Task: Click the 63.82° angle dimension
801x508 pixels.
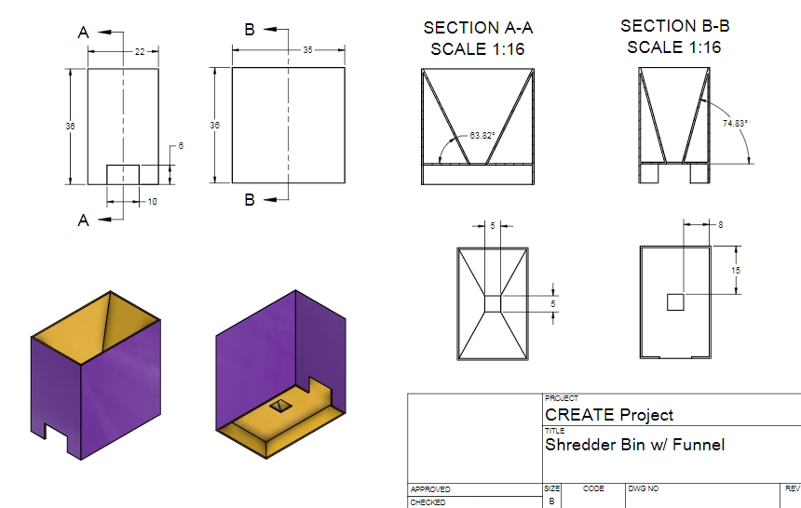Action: (x=481, y=136)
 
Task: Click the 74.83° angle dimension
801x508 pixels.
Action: (x=735, y=122)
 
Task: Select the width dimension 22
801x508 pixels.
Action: (x=140, y=52)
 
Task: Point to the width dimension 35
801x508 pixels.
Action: (x=307, y=50)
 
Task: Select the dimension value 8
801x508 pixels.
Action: (x=719, y=224)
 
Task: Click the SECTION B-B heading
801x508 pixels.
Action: (x=672, y=36)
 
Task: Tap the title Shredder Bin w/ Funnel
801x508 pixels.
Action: (x=634, y=445)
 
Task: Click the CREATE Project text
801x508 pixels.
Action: (x=609, y=415)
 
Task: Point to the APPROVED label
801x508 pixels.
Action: (x=429, y=489)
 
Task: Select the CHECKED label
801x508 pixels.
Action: (x=428, y=502)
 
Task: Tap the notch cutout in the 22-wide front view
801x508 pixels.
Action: (x=123, y=175)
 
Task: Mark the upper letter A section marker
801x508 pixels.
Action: (x=83, y=33)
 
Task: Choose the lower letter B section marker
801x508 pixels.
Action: (x=250, y=199)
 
